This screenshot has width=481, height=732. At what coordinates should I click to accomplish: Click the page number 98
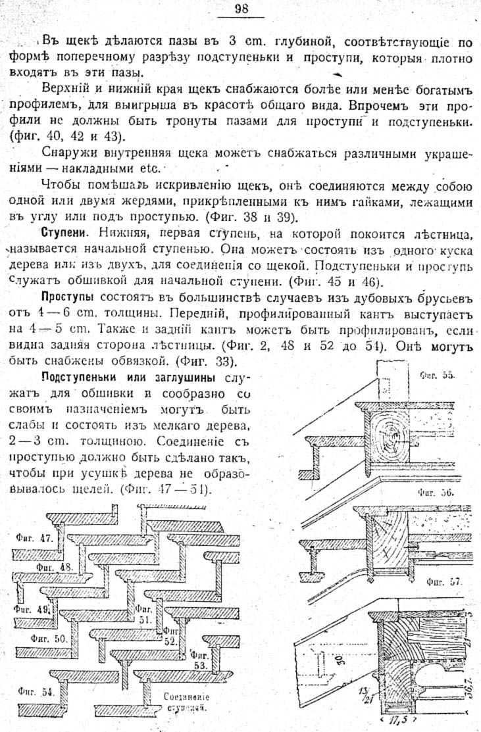242,9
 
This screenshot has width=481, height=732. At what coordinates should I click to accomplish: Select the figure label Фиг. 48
55,567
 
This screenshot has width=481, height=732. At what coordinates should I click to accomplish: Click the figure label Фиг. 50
49,638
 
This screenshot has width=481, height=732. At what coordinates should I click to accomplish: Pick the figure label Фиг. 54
36,691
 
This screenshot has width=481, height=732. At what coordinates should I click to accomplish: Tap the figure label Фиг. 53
199,660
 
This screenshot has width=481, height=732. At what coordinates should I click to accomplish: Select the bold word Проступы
68,297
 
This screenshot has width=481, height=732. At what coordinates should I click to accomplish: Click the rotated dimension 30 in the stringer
342,660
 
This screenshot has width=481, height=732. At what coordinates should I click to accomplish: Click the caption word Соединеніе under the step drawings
186,697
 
